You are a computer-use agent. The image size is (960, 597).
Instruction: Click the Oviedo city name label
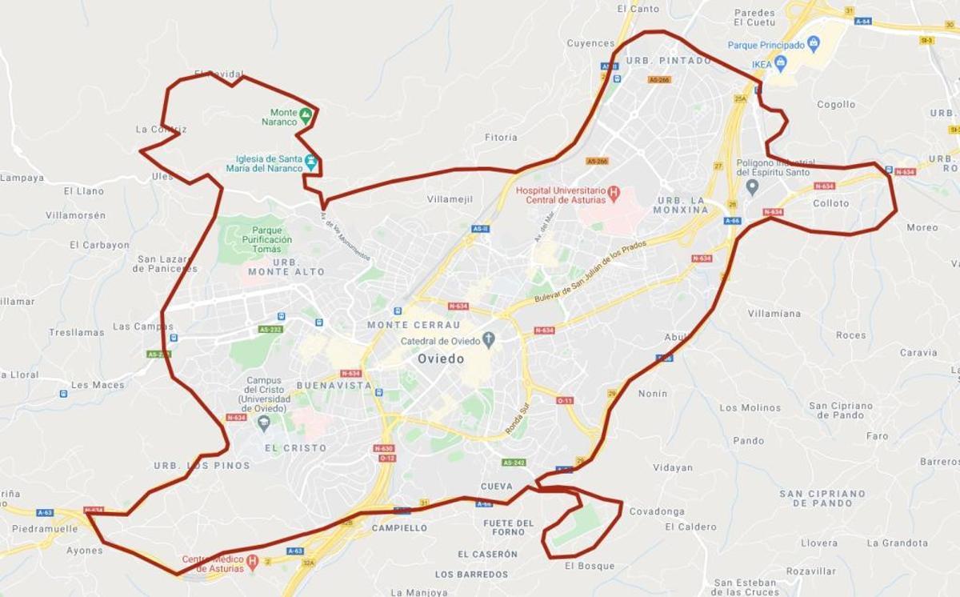click(x=440, y=359)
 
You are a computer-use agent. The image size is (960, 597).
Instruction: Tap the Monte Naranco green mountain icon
click(x=305, y=116)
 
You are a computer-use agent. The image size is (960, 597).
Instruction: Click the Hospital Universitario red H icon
click(x=614, y=193)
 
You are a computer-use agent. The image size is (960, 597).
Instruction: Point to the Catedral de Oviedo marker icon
click(x=489, y=341)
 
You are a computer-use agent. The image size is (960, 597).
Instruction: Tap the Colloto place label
click(x=830, y=203)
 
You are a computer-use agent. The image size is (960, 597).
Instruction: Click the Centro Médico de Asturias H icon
click(x=252, y=563)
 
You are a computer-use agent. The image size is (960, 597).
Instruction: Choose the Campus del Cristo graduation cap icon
click(x=264, y=423)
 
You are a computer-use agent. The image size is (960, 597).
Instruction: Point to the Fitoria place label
click(x=501, y=138)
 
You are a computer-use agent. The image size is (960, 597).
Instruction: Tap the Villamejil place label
click(x=450, y=198)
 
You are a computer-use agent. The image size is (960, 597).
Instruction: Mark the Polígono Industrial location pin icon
click(x=752, y=187)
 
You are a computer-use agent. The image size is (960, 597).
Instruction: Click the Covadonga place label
click(x=657, y=511)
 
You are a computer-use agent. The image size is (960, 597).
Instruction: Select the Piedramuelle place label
click(x=45, y=529)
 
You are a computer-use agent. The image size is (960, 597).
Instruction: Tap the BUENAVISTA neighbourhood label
click(x=334, y=385)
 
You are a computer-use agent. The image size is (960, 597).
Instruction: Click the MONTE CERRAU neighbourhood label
click(x=414, y=325)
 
